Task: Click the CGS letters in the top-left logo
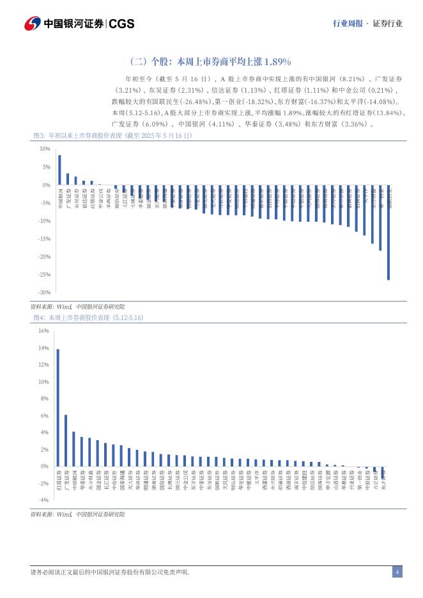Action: click(121, 24)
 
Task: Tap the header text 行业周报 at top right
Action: click(348, 24)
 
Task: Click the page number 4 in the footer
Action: click(397, 572)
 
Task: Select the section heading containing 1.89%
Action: click(210, 62)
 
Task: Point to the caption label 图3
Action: click(38, 136)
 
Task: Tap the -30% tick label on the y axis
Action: click(45, 293)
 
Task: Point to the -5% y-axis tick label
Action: click(46, 203)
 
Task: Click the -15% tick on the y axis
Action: click(45, 239)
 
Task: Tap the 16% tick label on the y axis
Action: click(44, 331)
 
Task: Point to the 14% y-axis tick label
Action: click(44, 348)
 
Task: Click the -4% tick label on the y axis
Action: click(44, 500)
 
